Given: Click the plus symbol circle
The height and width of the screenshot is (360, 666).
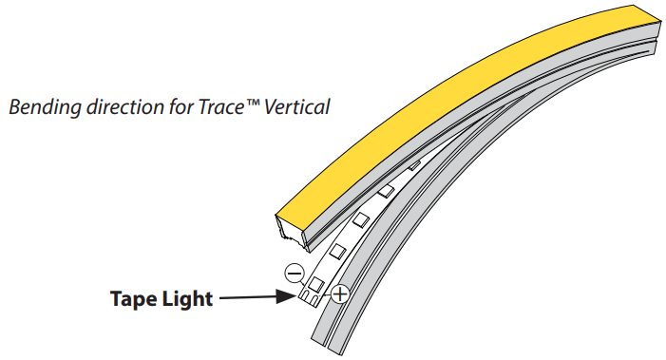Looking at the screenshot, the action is point(338,294).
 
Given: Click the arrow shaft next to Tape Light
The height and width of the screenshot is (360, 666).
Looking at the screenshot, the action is point(252,300).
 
